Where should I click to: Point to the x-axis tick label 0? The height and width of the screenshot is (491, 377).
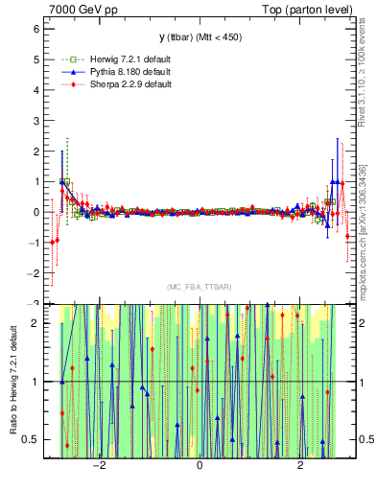pyautogui.click(x=199, y=466)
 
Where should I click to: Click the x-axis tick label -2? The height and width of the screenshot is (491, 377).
pyautogui.click(x=97, y=466)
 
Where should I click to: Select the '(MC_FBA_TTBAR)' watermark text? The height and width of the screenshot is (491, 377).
pyautogui.click(x=199, y=287)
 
